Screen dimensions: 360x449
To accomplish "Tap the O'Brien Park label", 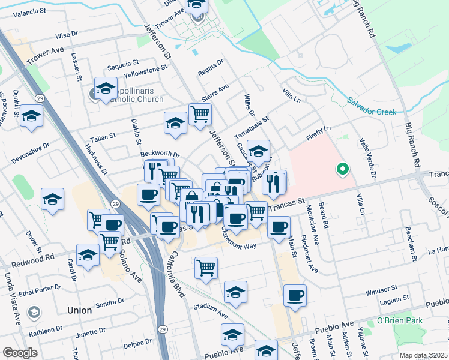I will coord(399,321).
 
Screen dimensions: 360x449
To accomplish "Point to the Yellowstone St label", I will coord(145,73).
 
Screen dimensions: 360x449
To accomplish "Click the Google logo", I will coord(20,352).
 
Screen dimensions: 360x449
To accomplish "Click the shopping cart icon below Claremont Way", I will coord(206,266).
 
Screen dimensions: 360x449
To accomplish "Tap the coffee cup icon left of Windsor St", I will coord(295,295).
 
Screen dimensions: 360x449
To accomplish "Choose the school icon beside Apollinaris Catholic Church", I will coord(105,88).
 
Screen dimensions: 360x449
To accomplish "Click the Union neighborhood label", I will coord(80,310).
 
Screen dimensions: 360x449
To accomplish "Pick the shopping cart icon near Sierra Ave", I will coord(200,113).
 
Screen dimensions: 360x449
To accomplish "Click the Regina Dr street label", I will coord(211,68).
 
